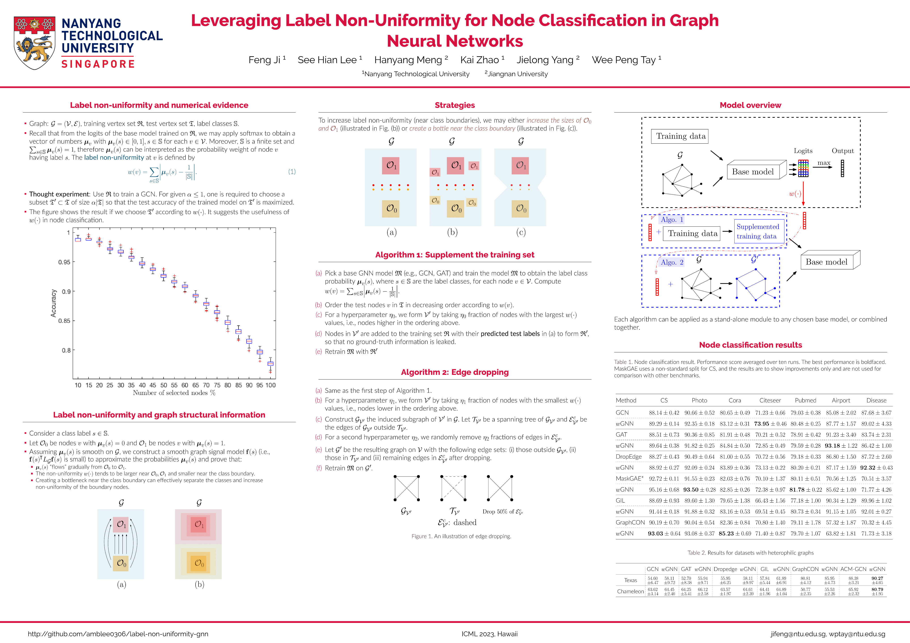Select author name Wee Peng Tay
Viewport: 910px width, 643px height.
point(623,60)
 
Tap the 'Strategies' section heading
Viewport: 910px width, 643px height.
point(455,105)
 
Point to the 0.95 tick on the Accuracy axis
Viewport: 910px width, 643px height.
point(64,262)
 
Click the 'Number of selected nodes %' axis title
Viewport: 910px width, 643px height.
point(174,393)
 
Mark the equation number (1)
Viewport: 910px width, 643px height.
point(292,171)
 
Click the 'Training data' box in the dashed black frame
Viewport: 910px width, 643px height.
point(680,136)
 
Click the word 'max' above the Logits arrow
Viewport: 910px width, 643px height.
point(823,163)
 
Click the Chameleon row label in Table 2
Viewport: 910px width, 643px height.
point(630,591)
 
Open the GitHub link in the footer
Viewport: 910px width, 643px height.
point(118,634)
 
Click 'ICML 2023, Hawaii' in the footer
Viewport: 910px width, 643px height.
point(490,634)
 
